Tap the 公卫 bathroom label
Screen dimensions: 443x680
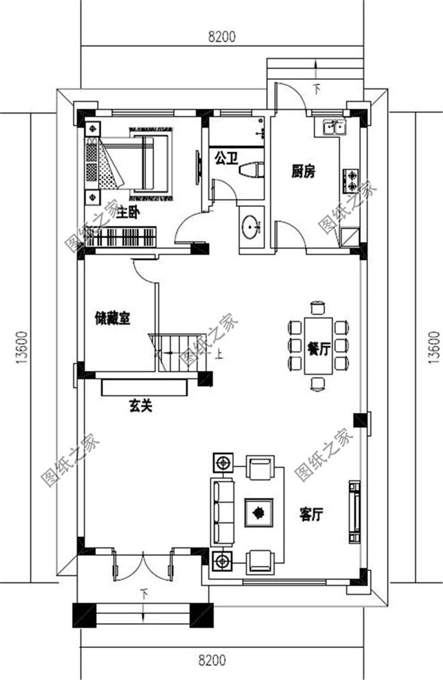pyautogui.click(x=226, y=158)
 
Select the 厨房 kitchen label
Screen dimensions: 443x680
pyautogui.click(x=302, y=171)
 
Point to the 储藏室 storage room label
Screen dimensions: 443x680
pyautogui.click(x=113, y=319)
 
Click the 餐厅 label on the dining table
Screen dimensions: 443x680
pyautogui.click(x=318, y=349)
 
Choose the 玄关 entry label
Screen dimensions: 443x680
pyautogui.click(x=141, y=406)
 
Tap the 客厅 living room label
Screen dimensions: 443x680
pyautogui.click(x=311, y=515)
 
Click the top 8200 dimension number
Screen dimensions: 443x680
pyautogui.click(x=221, y=37)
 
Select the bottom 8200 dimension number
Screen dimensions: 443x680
pyautogui.click(x=212, y=660)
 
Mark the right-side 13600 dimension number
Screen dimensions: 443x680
pyautogui.click(x=434, y=347)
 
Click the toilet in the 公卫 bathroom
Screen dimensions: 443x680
pyautogui.click(x=251, y=169)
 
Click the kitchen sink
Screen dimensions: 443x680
pyautogui.click(x=334, y=127)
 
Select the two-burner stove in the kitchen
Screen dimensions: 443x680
pyautogui.click(x=351, y=181)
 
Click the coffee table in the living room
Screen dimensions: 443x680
pyautogui.click(x=259, y=513)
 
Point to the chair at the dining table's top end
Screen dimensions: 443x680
pyautogui.click(x=318, y=307)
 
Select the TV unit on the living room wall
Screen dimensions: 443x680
pyautogui.click(x=354, y=511)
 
